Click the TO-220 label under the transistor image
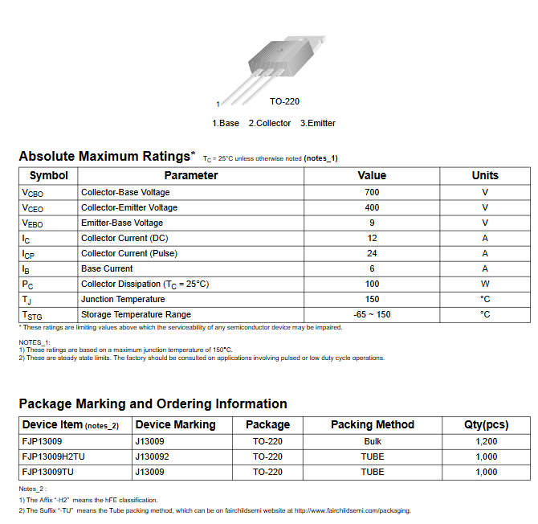click(x=284, y=102)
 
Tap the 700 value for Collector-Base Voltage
click(x=372, y=192)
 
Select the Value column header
click(x=372, y=175)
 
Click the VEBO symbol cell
click(x=33, y=223)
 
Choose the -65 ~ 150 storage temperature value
click(x=372, y=314)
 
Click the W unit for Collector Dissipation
click(x=485, y=284)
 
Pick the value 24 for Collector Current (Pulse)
click(x=372, y=253)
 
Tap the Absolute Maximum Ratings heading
click(x=107, y=156)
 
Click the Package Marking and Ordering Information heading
click(x=153, y=403)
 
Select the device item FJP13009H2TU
click(x=53, y=456)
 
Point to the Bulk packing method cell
click(x=373, y=441)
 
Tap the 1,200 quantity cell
click(x=486, y=441)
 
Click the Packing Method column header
click(x=373, y=424)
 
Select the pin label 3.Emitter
click(x=318, y=123)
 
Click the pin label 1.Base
click(x=226, y=123)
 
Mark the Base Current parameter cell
click(x=107, y=268)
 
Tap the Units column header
click(x=485, y=175)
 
